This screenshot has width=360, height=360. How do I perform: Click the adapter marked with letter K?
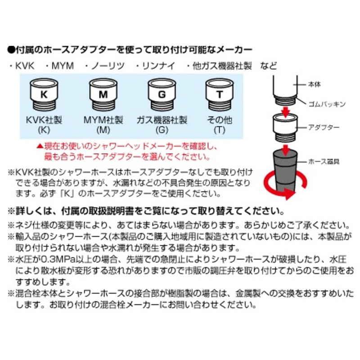click(x=44, y=94)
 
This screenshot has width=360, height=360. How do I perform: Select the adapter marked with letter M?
click(x=103, y=94)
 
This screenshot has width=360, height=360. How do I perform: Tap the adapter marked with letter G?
click(x=162, y=94)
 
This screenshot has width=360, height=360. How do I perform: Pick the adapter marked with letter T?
click(x=220, y=94)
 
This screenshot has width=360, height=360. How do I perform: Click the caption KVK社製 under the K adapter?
click(x=44, y=120)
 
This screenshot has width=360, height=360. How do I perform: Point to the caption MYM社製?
click(x=103, y=120)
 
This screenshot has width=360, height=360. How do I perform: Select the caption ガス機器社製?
click(x=162, y=120)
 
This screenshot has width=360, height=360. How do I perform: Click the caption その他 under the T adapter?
click(x=220, y=120)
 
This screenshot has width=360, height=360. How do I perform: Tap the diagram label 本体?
click(x=314, y=84)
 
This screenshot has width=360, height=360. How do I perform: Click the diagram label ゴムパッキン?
click(x=327, y=104)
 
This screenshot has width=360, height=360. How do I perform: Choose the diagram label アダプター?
click(x=324, y=127)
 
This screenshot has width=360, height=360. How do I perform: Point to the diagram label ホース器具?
click(x=324, y=162)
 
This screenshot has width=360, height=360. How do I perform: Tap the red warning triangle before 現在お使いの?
click(x=40, y=146)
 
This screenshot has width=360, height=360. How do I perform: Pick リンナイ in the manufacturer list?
click(x=158, y=66)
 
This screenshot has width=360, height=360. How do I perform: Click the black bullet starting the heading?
click(x=11, y=49)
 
